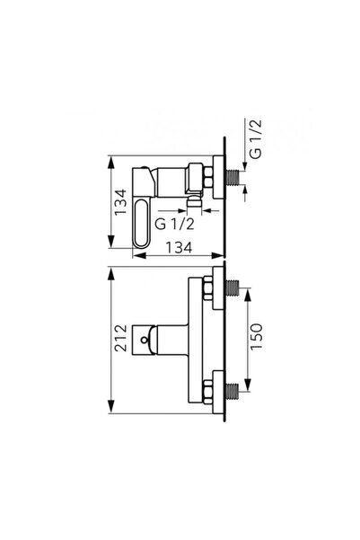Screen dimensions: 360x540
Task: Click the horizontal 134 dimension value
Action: pos(179,247)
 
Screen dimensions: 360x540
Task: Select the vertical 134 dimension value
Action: pos(121,202)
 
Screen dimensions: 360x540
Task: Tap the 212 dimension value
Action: pos(121,338)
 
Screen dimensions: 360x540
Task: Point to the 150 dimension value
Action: pos(256,336)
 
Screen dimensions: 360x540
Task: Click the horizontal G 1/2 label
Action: pos(174,225)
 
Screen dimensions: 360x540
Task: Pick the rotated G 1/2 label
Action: pos(255,139)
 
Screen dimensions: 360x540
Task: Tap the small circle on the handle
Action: pos(145,341)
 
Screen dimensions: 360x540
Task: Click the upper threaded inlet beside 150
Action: pos(233,288)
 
